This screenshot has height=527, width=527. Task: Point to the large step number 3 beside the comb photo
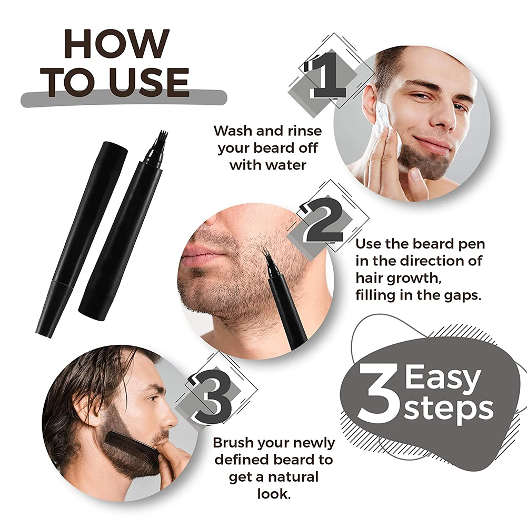(x=211, y=398)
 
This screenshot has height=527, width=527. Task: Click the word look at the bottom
(x=273, y=494)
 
